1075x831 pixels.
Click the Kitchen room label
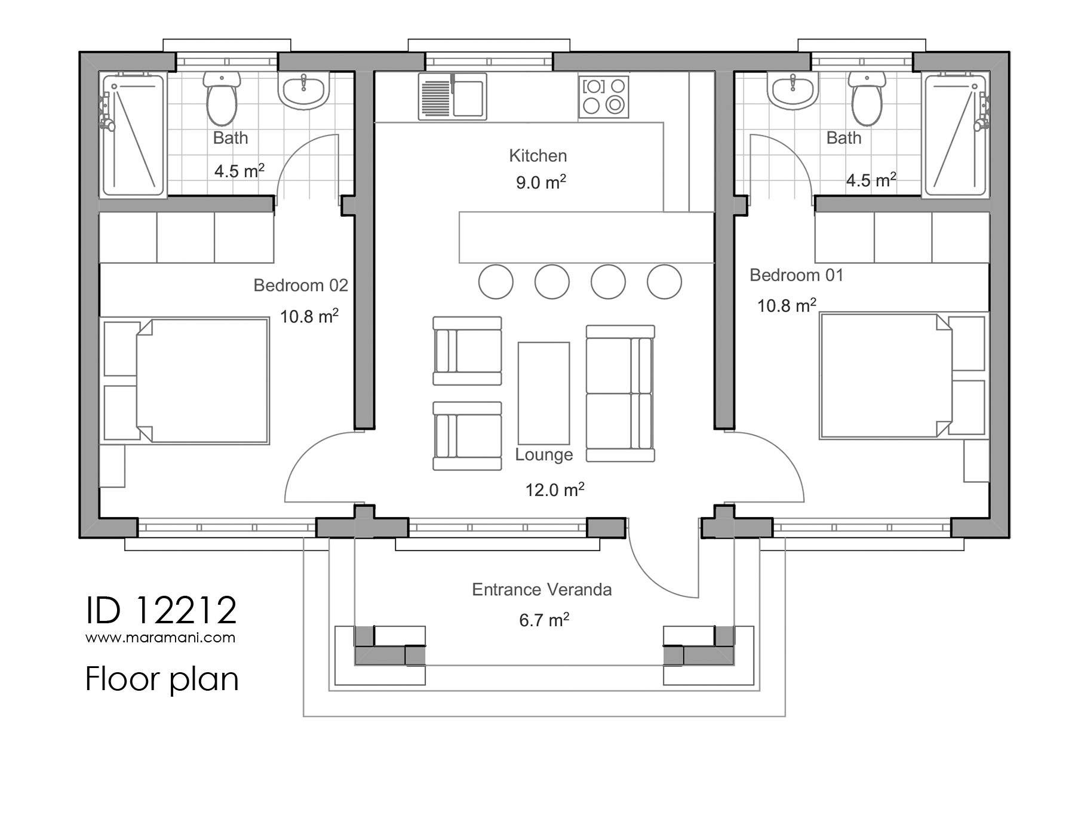click(537, 156)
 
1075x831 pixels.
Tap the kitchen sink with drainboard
click(452, 97)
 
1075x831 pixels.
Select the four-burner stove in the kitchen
click(603, 97)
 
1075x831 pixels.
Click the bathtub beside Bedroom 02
click(133, 135)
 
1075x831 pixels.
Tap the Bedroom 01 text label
click(796, 275)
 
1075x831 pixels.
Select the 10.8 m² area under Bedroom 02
click(309, 316)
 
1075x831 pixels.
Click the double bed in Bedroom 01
click(884, 376)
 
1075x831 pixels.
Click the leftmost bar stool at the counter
click(496, 282)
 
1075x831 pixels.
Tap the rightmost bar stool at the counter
click(664, 282)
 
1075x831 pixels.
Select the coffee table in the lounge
click(543, 393)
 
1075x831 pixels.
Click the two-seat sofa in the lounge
click(620, 393)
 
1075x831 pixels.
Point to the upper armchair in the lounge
click(466, 351)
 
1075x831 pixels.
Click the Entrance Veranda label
click(542, 590)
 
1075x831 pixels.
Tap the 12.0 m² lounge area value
click(554, 490)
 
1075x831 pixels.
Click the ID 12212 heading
click(161, 610)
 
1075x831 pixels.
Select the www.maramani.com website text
click(160, 638)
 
